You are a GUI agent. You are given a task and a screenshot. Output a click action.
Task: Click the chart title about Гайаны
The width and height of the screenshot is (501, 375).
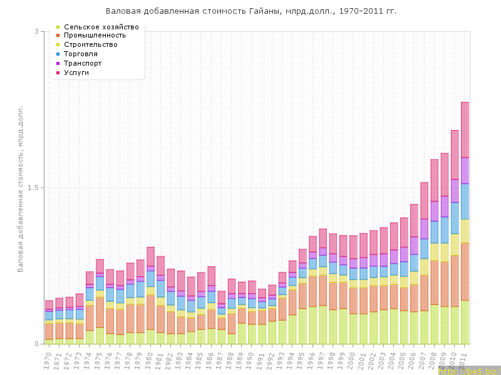250,11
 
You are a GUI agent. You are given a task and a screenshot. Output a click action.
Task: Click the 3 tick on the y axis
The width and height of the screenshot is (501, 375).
36,32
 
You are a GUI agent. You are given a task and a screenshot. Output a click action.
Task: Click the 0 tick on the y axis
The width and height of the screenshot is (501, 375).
36,344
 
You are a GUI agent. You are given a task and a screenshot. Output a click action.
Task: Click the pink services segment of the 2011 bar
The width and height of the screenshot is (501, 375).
465,129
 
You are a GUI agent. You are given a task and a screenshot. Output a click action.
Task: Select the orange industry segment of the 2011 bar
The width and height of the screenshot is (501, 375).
465,271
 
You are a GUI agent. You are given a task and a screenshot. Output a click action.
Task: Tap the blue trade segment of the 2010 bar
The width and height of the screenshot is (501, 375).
455,217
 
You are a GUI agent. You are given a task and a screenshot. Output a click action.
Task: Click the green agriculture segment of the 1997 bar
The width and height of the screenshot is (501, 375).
323,324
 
